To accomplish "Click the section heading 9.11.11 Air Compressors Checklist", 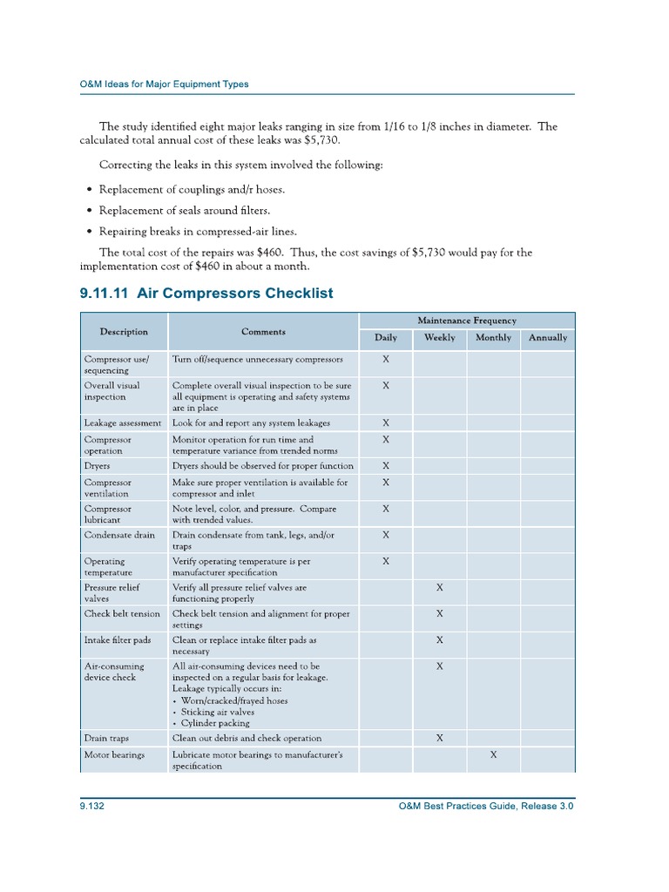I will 206,294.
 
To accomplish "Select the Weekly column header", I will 439,337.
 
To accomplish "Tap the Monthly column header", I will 493,337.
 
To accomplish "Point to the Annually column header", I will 548,337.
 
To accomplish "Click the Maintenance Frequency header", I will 466,321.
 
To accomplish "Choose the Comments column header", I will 263,331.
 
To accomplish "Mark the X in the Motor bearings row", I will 493,755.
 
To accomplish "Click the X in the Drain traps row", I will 439,738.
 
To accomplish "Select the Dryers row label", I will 97,466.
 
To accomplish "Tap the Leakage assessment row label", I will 123,422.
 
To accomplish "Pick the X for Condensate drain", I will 386,535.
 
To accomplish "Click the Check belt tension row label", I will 122,613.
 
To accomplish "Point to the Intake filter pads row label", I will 118,639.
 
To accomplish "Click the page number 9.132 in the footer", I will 92,807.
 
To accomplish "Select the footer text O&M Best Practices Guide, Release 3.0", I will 485,807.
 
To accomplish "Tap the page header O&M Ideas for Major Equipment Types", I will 165,84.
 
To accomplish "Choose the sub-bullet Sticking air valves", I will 215,712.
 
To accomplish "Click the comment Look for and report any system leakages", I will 252,422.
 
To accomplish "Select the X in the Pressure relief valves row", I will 439,588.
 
